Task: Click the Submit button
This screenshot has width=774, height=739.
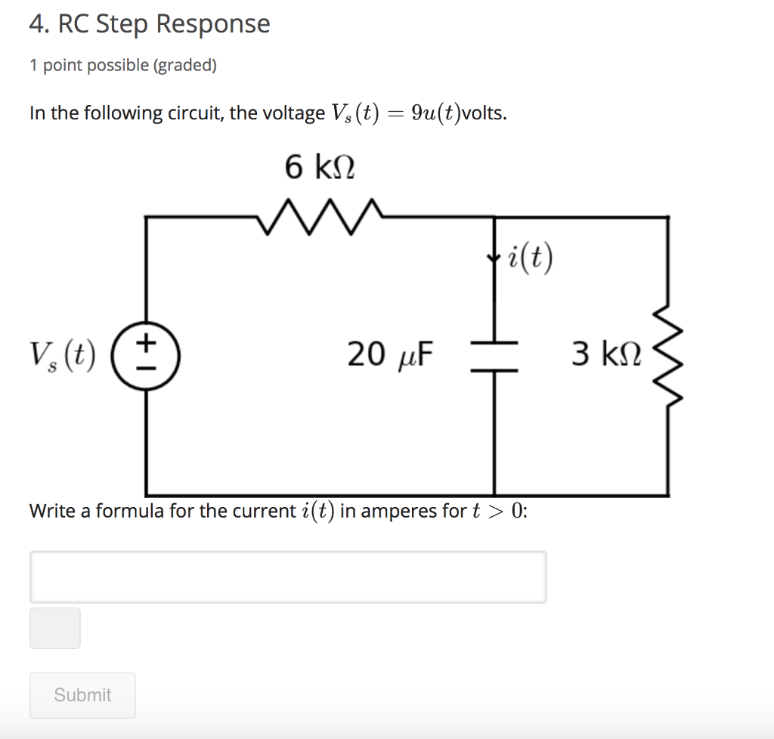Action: click(x=82, y=695)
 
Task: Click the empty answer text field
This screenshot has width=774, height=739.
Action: click(x=288, y=577)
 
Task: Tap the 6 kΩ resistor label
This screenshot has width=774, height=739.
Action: click(x=320, y=166)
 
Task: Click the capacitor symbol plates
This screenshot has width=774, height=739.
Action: click(x=494, y=356)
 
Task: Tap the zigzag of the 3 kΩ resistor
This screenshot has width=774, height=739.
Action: click(x=668, y=355)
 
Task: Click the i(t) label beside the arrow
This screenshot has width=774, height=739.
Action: click(x=531, y=258)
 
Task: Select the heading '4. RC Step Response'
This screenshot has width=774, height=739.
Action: click(x=150, y=24)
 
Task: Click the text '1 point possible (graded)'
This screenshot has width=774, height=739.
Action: click(x=123, y=66)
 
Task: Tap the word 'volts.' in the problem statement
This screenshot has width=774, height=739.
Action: click(x=485, y=114)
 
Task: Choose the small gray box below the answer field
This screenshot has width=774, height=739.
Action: click(x=55, y=628)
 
